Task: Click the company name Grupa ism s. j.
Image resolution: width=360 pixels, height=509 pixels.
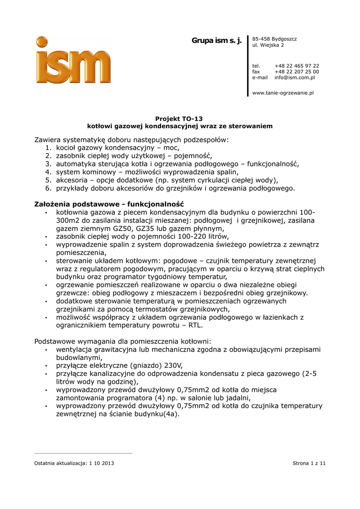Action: [x=216, y=41]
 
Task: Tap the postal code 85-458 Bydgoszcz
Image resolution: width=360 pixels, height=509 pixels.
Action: [x=274, y=39]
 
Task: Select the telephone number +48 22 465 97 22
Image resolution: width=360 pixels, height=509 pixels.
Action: [x=296, y=66]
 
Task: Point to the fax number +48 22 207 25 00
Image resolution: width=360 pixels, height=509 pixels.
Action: [x=296, y=72]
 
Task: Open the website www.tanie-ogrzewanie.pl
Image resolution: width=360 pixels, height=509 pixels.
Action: [x=283, y=92]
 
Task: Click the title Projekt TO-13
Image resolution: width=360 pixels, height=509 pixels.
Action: [x=180, y=119]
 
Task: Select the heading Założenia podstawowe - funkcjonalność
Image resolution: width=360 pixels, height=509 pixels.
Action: [x=109, y=204]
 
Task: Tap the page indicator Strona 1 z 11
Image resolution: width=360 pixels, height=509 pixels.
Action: [x=309, y=464]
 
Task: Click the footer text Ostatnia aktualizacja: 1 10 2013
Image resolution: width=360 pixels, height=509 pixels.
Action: [x=74, y=464]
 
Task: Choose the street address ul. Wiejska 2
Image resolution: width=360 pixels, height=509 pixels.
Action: [x=268, y=45]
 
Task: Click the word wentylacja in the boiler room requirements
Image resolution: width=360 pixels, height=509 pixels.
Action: [x=78, y=349]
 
